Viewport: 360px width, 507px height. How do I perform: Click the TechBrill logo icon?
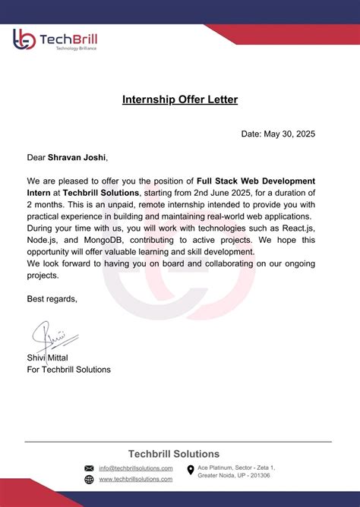click(x=24, y=40)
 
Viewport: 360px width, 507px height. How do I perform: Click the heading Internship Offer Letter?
click(x=180, y=99)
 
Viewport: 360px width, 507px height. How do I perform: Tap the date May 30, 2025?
click(x=289, y=134)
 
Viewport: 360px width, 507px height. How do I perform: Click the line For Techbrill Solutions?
click(x=68, y=370)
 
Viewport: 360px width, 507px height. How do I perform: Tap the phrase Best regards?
click(x=52, y=299)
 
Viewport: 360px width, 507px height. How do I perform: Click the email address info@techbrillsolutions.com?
click(x=135, y=468)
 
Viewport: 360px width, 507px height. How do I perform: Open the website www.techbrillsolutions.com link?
click(x=135, y=479)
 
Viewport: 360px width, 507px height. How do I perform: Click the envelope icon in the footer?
click(x=89, y=468)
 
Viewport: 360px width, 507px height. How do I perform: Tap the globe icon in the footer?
click(x=89, y=479)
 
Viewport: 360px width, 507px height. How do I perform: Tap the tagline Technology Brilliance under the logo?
click(x=71, y=48)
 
